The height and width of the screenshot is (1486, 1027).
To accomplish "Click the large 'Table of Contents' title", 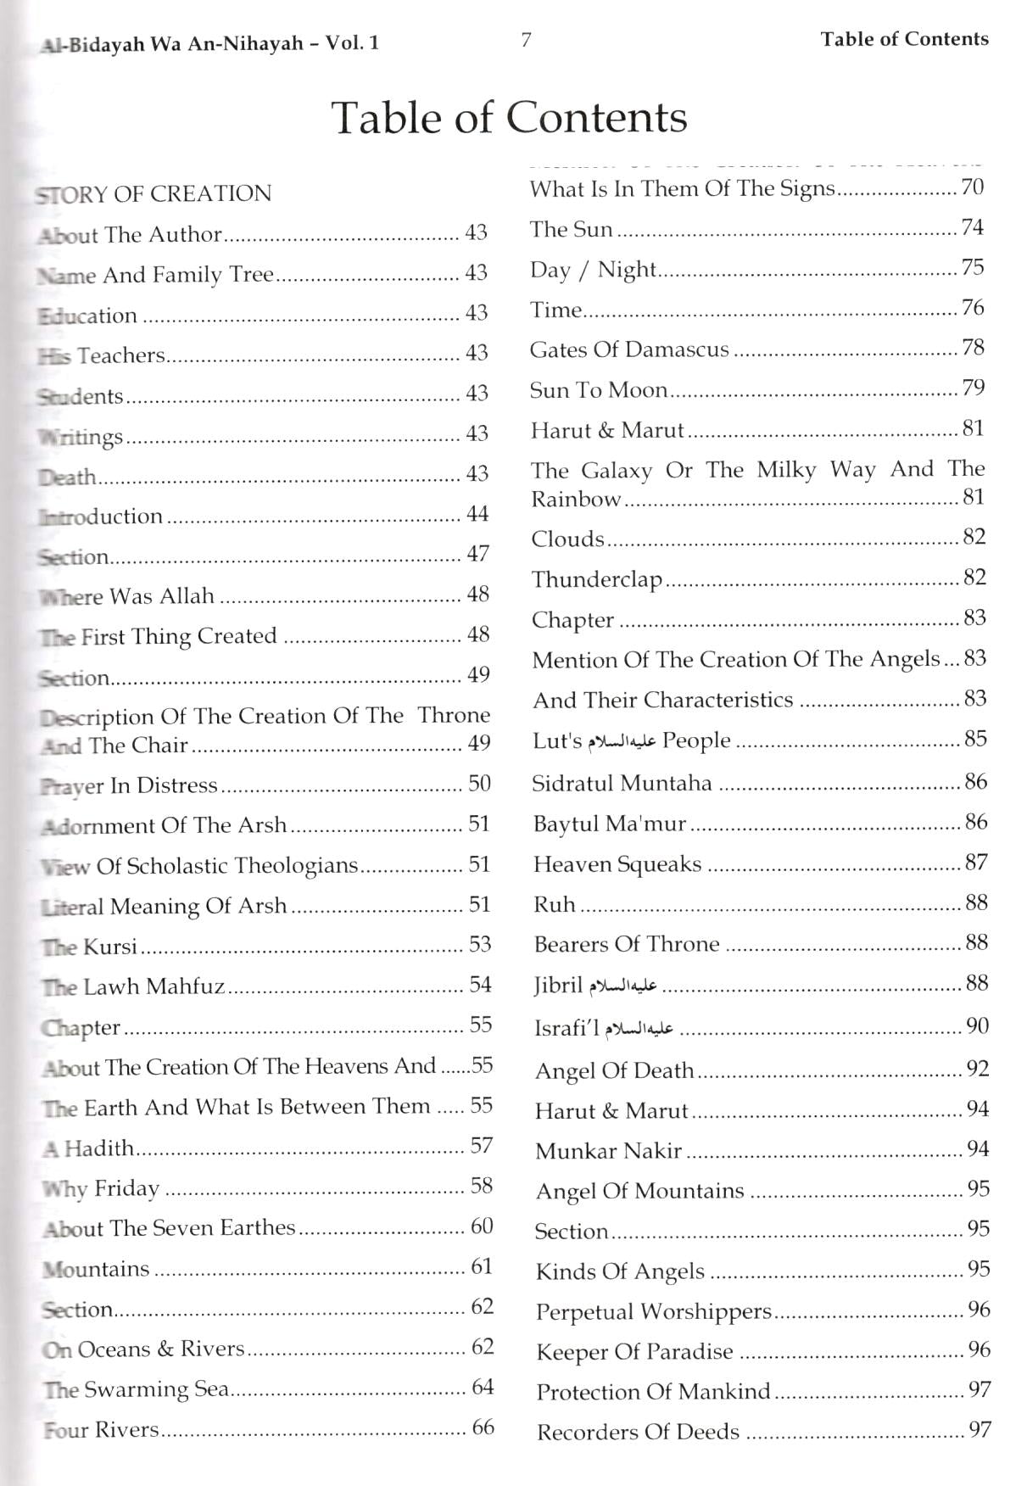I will pos(509,117).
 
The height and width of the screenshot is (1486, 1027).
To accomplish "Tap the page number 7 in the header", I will pos(526,40).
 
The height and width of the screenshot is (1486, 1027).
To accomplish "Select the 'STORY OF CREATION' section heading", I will pos(153,194).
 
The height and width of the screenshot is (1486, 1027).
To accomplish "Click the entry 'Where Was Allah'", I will pos(127,596).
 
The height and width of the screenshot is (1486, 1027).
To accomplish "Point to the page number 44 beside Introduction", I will pos(477,514).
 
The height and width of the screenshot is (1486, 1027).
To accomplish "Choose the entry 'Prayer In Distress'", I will pos(130,785).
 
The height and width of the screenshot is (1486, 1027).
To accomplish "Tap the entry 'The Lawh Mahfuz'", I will pos(133,986).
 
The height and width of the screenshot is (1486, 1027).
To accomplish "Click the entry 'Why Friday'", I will pos(101,1188).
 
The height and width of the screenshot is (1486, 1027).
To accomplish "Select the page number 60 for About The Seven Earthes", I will pos(482,1226).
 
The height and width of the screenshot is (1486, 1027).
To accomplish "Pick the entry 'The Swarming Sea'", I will pos(137,1389).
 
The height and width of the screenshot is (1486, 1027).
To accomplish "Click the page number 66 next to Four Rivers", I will pos(483,1427).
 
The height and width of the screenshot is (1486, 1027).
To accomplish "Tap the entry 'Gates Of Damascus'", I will pos(629,349).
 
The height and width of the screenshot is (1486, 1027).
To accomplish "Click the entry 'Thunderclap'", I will pos(596,579).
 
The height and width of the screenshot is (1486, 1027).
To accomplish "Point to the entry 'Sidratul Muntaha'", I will pos(622,783).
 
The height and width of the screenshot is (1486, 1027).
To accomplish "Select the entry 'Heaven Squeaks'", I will pos(617,864).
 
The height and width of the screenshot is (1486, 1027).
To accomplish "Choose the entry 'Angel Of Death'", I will pos(614,1070).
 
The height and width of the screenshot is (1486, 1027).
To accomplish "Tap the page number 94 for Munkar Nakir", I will pos(978,1149).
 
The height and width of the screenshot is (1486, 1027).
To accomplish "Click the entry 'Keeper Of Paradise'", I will pos(634,1351).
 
